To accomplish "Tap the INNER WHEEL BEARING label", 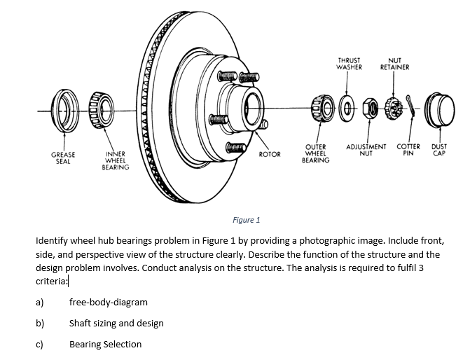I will (x=115, y=160).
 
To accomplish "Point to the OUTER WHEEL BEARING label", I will (x=315, y=153).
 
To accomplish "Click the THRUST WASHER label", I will (x=350, y=64).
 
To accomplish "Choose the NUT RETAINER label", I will (x=394, y=64).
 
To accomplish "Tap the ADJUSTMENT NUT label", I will (x=366, y=149).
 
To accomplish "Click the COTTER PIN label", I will (x=408, y=149).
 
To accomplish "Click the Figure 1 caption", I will (x=246, y=220).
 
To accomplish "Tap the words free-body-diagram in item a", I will (x=108, y=303).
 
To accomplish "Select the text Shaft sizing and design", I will (x=116, y=324).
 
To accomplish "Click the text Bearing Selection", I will (x=105, y=345).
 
